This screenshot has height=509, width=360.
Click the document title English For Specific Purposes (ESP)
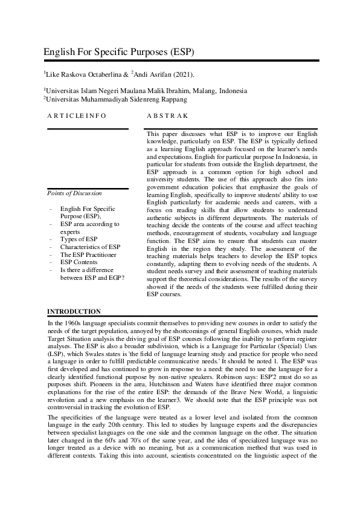coord(118,52)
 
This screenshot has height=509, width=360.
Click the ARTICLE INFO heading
coord(76,115)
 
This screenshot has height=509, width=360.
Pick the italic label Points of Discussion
coord(74,193)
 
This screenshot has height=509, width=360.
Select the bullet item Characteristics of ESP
coord(90,247)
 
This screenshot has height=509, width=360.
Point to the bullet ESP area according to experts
coord(89,228)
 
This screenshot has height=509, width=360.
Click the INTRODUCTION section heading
coord(74,311)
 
